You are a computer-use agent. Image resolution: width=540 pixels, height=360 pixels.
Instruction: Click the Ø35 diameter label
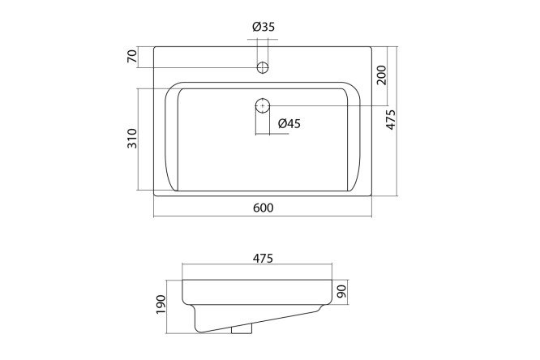[x=264, y=27]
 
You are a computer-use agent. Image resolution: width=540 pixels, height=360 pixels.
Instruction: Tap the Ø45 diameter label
[x=289, y=123]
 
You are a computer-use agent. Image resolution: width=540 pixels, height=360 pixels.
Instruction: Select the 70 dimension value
[x=132, y=56]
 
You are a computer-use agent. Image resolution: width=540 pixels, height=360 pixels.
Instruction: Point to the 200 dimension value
[x=382, y=75]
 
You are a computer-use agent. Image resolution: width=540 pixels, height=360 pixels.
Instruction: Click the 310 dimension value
[x=132, y=139]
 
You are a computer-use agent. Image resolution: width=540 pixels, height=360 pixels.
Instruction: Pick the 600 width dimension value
[x=264, y=208]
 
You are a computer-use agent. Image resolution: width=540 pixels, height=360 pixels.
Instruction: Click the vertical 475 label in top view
[x=391, y=119]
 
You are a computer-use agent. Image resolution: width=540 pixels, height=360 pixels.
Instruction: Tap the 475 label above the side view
[x=263, y=258]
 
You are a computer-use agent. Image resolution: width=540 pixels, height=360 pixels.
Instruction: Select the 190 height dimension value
[x=161, y=304]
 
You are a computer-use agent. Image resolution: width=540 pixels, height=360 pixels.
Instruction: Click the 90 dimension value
[x=342, y=292]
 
